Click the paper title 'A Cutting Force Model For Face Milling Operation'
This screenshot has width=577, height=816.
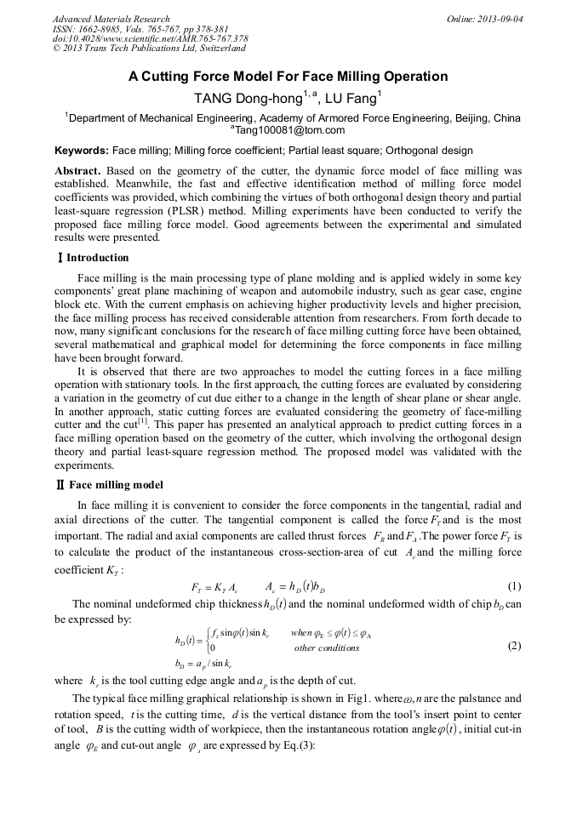[x=288, y=77]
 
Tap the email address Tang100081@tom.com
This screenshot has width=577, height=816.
[x=289, y=130]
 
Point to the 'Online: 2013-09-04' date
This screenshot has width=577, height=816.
[x=484, y=19]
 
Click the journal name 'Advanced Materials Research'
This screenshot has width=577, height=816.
[x=111, y=19]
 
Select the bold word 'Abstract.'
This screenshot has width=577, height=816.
[x=78, y=171]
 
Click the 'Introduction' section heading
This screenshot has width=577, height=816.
[x=98, y=258]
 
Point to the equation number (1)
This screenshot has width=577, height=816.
[x=513, y=586]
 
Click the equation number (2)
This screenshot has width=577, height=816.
[x=513, y=645]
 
